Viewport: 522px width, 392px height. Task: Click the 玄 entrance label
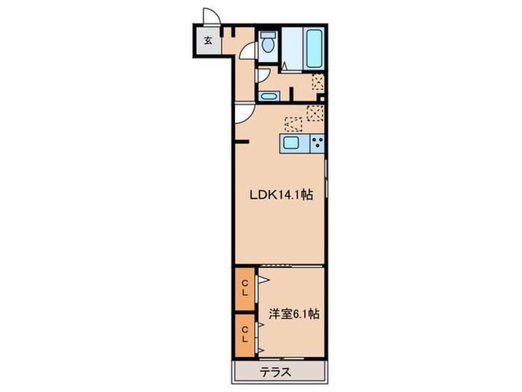[208, 41]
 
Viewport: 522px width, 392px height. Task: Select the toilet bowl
[268, 43]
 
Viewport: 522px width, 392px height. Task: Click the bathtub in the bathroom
[314, 49]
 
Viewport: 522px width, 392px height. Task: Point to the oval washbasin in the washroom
[269, 96]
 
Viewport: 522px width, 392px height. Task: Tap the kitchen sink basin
[292, 143]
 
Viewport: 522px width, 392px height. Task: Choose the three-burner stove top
[317, 143]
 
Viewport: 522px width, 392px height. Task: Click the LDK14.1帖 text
[281, 195]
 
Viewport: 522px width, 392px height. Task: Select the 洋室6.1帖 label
[295, 314]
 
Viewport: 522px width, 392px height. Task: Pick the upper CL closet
[245, 289]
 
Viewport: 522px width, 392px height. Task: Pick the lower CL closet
[245, 335]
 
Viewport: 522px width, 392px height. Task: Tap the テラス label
[276, 372]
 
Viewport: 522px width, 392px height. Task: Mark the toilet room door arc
[248, 50]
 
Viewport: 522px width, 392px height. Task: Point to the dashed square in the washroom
[318, 82]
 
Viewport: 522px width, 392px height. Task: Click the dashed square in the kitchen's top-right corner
[315, 113]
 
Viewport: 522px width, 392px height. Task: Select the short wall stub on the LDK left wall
[242, 142]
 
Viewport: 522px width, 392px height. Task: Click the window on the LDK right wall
[327, 179]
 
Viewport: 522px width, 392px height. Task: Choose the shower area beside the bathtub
[292, 49]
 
